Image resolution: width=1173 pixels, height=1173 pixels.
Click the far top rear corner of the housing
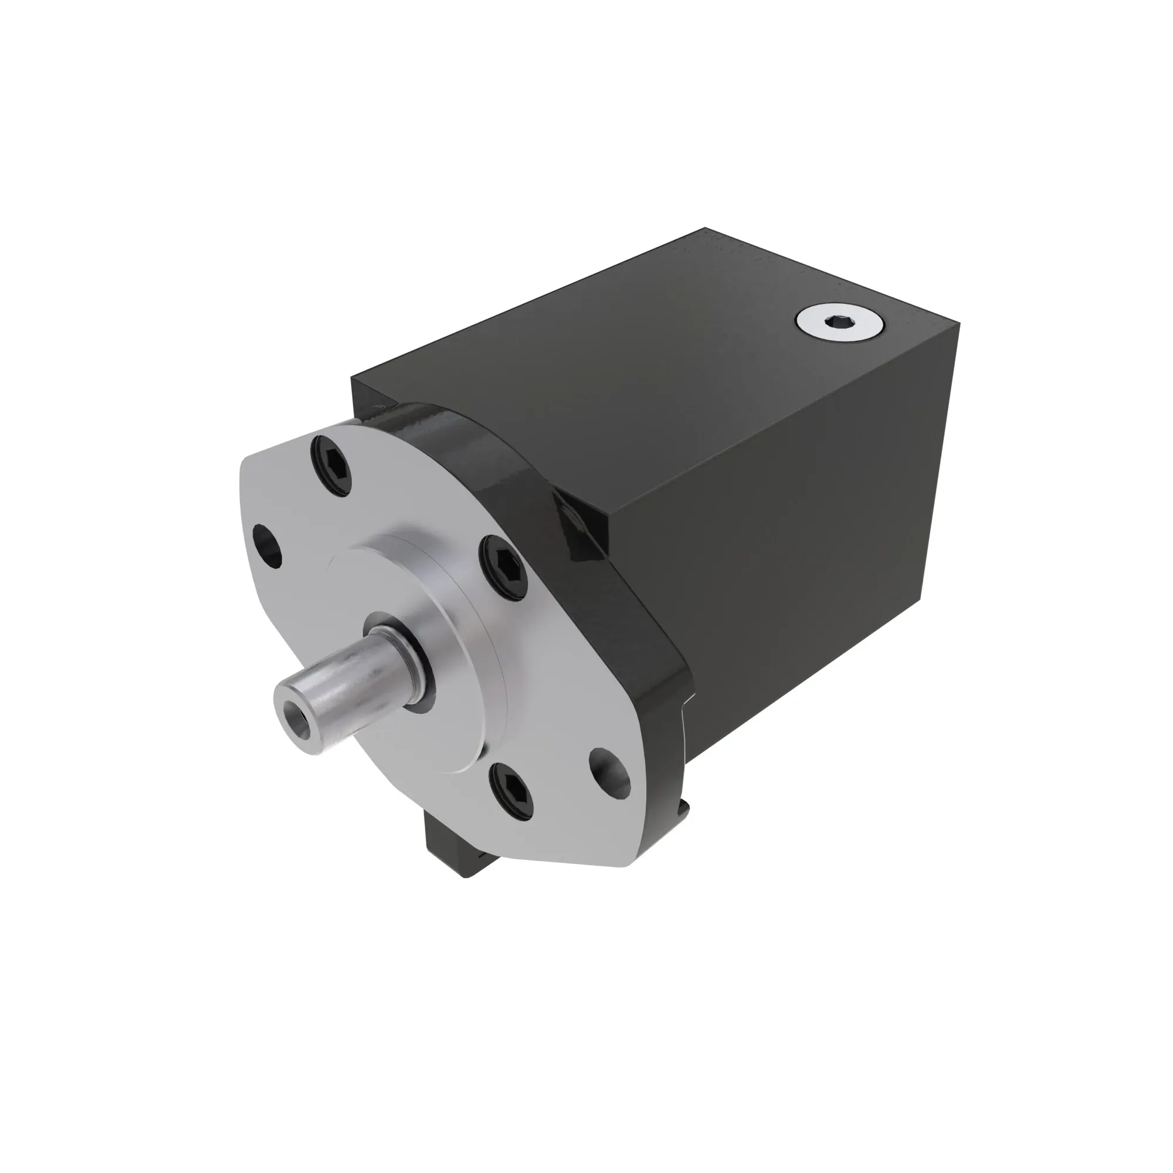click(706, 229)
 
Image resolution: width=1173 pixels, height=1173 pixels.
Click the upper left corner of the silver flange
click(249, 462)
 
